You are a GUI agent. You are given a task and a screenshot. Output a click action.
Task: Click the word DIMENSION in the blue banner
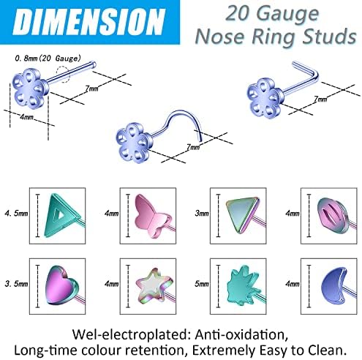tap(89, 21)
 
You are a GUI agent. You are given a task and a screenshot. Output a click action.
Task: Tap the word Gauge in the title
tap(287, 14)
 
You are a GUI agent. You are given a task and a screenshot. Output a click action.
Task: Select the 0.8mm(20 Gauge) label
tap(48, 59)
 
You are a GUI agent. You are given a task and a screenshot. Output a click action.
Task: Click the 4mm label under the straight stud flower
tap(26, 117)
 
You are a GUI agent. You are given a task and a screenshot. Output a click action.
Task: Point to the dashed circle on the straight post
tap(63, 75)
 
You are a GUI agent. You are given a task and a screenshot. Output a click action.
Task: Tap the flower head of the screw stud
tap(134, 143)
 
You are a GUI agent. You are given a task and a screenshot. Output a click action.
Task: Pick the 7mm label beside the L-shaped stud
tap(320, 99)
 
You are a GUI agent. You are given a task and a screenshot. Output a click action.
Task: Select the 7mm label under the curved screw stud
tap(193, 147)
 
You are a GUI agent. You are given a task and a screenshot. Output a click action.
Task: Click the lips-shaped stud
tap(333, 215)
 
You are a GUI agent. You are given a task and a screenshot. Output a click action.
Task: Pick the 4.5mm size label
tap(16, 213)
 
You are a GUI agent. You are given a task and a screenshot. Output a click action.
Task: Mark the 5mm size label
tap(202, 284)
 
